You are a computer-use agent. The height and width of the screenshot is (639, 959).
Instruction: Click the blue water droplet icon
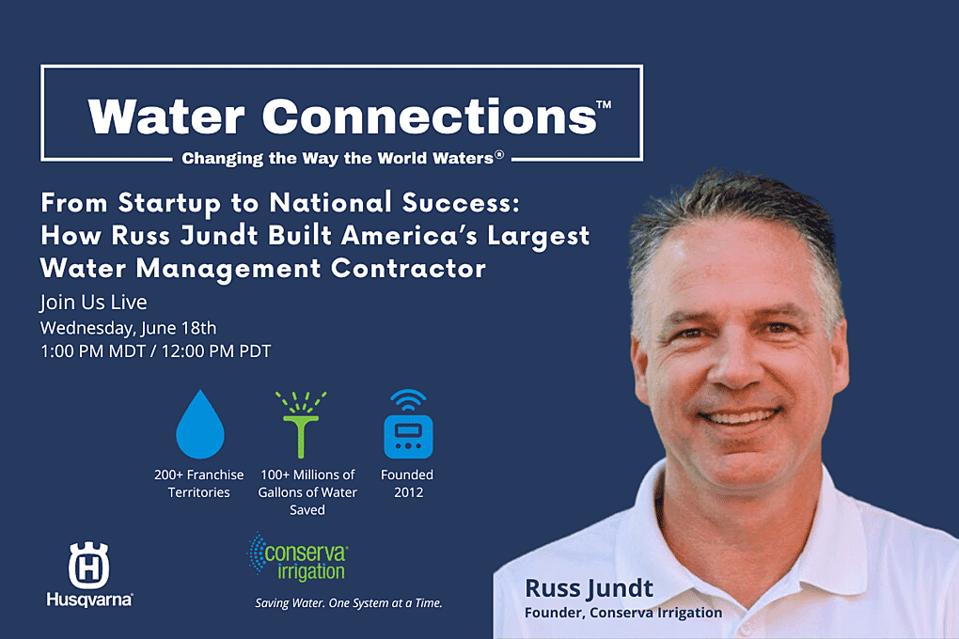(x=200, y=427)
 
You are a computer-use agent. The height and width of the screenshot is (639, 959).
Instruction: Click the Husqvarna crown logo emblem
(x=88, y=565)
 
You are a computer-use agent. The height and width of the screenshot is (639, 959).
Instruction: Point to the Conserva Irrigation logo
(x=298, y=557)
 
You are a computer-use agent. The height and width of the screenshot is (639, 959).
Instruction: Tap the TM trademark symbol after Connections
(x=604, y=104)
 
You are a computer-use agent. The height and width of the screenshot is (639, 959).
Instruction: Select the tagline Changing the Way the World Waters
(x=342, y=159)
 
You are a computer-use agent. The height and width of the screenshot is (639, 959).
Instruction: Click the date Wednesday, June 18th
(x=129, y=328)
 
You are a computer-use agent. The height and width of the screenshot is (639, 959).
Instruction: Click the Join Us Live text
(x=94, y=302)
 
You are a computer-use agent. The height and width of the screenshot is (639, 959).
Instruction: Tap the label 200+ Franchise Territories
(x=198, y=483)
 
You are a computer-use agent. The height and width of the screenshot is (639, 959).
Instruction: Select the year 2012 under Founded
(x=409, y=492)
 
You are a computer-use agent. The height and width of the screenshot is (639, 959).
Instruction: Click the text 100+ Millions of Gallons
(x=307, y=483)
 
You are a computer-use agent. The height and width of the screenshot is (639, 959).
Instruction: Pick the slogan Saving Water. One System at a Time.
(x=349, y=603)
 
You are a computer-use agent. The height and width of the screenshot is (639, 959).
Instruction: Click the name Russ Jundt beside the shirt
(x=589, y=588)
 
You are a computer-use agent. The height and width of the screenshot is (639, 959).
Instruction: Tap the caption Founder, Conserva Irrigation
(x=623, y=612)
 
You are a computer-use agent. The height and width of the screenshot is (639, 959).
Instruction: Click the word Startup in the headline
(x=169, y=203)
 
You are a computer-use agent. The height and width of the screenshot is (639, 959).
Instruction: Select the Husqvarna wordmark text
(x=89, y=600)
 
